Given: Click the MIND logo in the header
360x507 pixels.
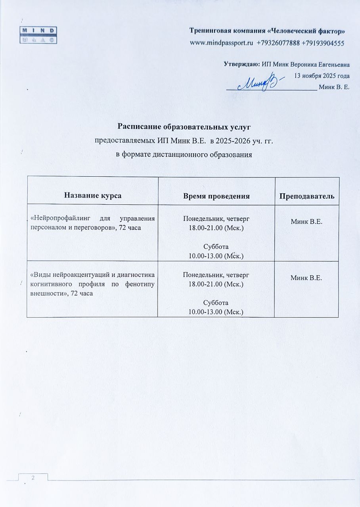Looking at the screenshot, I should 39,35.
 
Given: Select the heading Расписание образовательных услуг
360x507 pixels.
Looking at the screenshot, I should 184,126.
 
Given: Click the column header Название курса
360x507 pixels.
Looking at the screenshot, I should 92,195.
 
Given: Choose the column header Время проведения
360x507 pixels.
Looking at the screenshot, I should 216,195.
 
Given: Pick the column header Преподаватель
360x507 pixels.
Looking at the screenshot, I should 306,195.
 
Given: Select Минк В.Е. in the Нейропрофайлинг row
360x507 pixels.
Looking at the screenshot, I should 306,222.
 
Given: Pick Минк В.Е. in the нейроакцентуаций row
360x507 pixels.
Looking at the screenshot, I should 306,278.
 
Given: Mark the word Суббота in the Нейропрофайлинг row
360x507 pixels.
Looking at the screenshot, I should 216,247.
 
